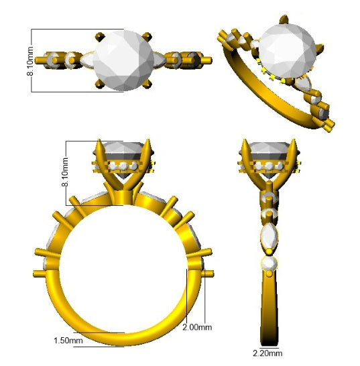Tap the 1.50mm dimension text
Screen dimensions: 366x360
[68, 341]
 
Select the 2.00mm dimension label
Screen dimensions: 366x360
[197, 328]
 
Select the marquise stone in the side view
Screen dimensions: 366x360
[270, 235]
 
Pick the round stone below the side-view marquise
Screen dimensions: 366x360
[270, 264]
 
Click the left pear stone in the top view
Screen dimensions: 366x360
[87, 60]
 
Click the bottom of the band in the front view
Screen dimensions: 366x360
[124, 339]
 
